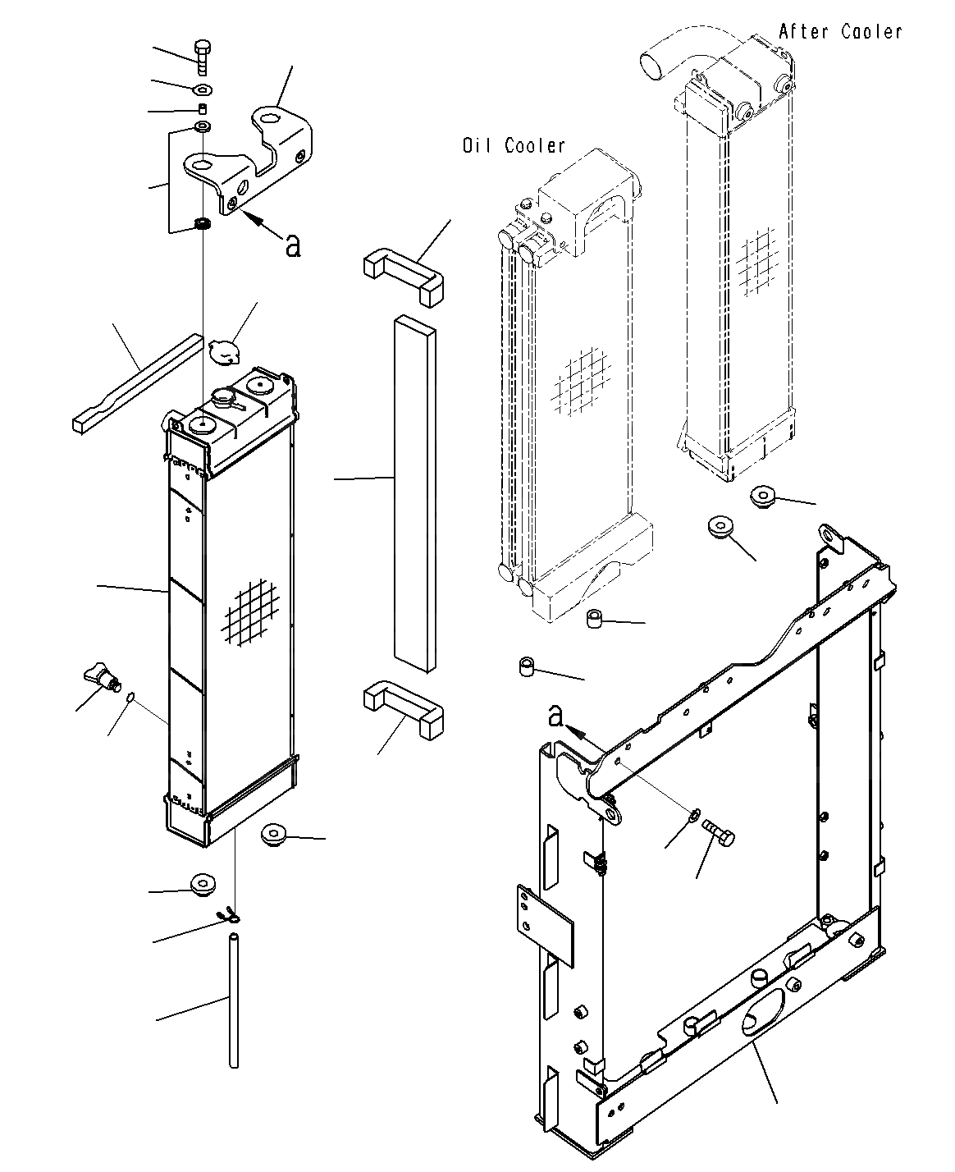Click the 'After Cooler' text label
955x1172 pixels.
pyautogui.click(x=840, y=32)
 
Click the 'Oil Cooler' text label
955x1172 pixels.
pyautogui.click(x=514, y=146)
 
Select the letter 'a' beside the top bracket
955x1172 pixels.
pyautogui.click(x=292, y=244)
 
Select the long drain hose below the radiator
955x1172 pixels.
pyautogui.click(x=234, y=996)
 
